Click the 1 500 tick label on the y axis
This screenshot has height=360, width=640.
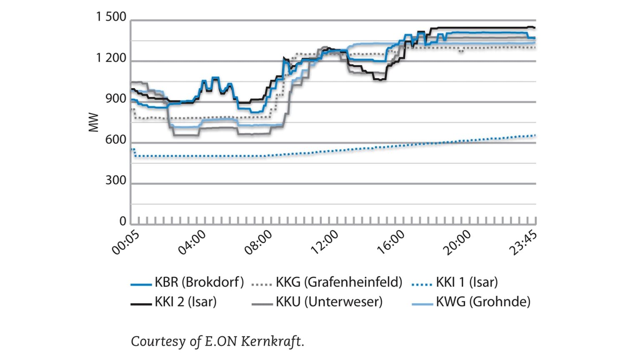[111, 17]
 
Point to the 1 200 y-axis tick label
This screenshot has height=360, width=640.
[111, 58]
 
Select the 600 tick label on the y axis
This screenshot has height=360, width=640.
[115, 140]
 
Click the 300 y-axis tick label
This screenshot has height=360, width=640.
[115, 180]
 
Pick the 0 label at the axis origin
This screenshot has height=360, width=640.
[122, 221]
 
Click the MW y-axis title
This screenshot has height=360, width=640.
[94, 122]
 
